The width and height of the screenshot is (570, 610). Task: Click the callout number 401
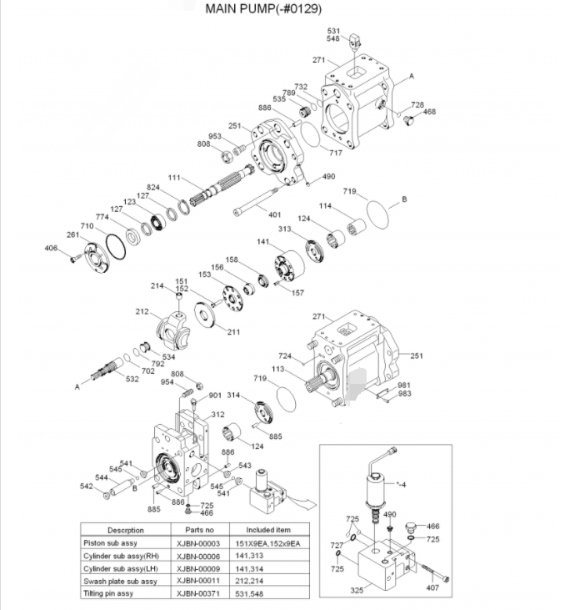coord(274,215)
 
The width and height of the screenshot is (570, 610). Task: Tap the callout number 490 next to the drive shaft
coord(328,176)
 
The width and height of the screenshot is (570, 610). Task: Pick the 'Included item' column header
coord(268,530)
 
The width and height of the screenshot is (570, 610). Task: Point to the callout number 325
coord(357,591)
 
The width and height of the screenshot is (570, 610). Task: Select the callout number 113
coord(277,368)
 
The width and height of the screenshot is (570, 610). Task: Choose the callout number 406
coord(52,248)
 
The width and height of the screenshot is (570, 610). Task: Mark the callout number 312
coord(217,415)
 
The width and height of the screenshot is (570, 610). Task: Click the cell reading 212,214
coord(268,581)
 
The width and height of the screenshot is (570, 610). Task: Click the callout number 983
coord(404,393)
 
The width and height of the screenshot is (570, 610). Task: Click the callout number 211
coord(233,332)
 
